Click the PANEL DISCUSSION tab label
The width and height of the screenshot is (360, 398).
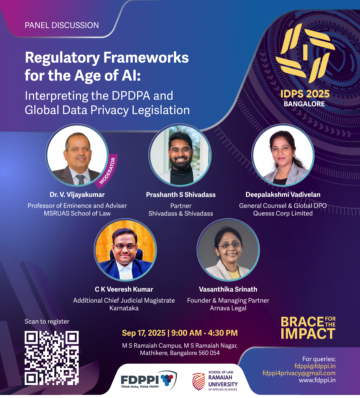[x=62, y=25]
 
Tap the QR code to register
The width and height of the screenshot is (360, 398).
[x=52, y=358]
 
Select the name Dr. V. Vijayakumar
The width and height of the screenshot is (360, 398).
[x=77, y=195]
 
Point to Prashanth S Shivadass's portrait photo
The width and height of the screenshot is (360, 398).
[x=180, y=155]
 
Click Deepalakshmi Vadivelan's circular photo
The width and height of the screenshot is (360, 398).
[x=283, y=155]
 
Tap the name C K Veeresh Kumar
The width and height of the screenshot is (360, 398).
[x=124, y=289]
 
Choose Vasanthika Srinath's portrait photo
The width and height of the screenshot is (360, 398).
[x=228, y=250]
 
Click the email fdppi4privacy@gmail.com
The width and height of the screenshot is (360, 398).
[x=299, y=373]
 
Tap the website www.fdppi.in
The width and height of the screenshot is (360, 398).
[x=317, y=380]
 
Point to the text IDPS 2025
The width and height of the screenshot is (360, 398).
[x=305, y=94]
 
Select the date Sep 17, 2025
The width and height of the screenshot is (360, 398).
[x=144, y=333]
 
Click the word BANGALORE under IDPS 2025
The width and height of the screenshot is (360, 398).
[x=304, y=104]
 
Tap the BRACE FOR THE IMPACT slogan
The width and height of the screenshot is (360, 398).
[x=308, y=328]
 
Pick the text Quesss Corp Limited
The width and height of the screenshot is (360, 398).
[x=283, y=214]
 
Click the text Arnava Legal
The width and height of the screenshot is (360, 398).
[x=228, y=308]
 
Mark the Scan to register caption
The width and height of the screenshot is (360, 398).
[x=47, y=322]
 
